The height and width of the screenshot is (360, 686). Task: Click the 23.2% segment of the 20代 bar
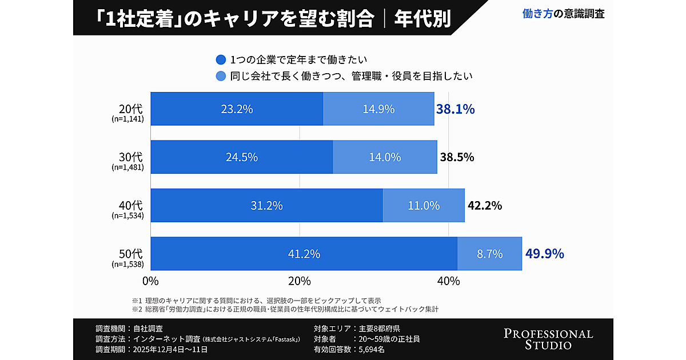(237, 109)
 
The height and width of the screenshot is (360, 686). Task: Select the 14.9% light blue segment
(378, 109)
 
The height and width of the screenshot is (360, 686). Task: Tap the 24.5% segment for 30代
(241, 157)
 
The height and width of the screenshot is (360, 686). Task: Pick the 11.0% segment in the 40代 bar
(424, 206)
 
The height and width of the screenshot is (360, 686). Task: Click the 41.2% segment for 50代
(304, 254)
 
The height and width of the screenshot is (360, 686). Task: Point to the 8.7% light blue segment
(490, 254)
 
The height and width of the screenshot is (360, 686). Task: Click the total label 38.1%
(455, 109)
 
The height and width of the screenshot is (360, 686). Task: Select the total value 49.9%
(544, 253)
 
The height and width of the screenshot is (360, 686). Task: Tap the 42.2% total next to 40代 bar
(485, 206)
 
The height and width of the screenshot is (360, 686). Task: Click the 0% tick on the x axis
(150, 281)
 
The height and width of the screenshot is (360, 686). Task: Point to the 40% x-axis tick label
(449, 281)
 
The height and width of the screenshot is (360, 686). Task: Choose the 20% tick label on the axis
(300, 281)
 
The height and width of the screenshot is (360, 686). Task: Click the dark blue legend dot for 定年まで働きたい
(221, 59)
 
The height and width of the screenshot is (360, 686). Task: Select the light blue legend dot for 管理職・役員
(221, 75)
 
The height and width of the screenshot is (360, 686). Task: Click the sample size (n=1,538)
(127, 264)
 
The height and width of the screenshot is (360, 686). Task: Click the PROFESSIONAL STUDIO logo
(548, 339)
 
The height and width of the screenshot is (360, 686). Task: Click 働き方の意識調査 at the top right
(564, 14)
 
